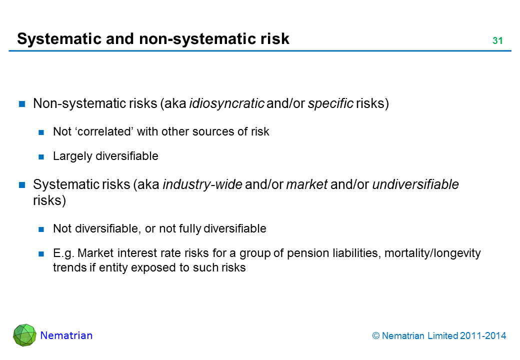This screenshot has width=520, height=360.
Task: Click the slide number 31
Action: click(x=497, y=41)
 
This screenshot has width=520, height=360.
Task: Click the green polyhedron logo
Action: click(x=24, y=335)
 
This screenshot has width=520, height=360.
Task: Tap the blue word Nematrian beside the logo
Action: click(x=66, y=335)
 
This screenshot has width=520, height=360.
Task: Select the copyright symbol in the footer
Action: click(x=375, y=336)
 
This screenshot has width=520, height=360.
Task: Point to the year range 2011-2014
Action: click(x=483, y=336)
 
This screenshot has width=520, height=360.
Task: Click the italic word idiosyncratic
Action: click(x=226, y=104)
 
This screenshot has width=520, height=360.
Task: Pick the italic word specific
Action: click(x=330, y=104)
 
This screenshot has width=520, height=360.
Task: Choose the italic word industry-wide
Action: click(x=202, y=184)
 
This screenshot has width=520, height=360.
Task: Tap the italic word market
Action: click(x=307, y=184)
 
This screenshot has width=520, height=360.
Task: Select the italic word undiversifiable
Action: click(x=415, y=184)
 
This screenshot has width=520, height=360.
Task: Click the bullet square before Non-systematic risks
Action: click(x=22, y=104)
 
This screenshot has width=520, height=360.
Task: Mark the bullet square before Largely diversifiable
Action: click(x=41, y=157)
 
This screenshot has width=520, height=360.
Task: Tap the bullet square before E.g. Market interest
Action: click(x=41, y=254)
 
